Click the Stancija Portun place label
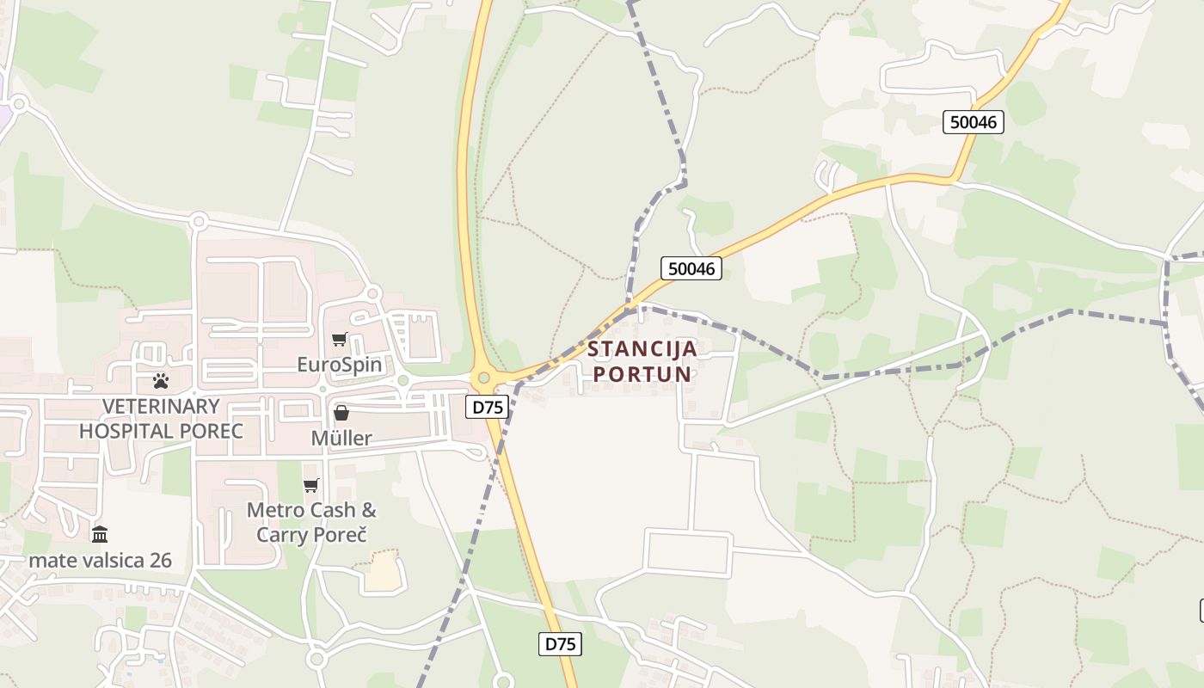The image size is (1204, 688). pyautogui.click(x=642, y=362)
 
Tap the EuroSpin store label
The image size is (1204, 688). pyautogui.click(x=339, y=364)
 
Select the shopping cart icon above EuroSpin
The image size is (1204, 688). pyautogui.click(x=339, y=339)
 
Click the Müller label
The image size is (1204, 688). pyautogui.click(x=341, y=438)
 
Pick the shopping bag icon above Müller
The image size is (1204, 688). pyautogui.click(x=341, y=413)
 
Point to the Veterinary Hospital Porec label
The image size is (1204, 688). pyautogui.click(x=162, y=418)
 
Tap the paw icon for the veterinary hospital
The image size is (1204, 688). pyautogui.click(x=161, y=380)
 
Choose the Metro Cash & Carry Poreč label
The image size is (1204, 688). pyautogui.click(x=311, y=521)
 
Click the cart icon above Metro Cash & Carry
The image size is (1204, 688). pyautogui.click(x=311, y=486)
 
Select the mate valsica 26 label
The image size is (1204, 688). pyautogui.click(x=101, y=561)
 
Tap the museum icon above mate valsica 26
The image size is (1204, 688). pyautogui.click(x=100, y=535)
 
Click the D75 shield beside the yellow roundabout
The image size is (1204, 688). pyautogui.click(x=487, y=407)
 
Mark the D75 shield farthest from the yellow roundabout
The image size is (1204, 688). pyautogui.click(x=561, y=643)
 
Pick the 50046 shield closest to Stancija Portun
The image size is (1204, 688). pyautogui.click(x=691, y=268)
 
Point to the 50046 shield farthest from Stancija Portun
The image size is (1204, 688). pyautogui.click(x=974, y=122)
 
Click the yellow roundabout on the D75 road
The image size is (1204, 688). pyautogui.click(x=483, y=377)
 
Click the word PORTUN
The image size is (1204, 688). pyautogui.click(x=642, y=374)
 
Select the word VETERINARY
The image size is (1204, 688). pyautogui.click(x=162, y=406)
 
